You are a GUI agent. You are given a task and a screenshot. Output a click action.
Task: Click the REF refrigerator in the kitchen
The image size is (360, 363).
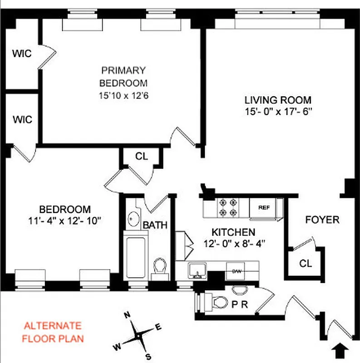coord(264,207)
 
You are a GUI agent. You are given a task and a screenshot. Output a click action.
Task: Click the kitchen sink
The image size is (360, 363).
coord(198,271)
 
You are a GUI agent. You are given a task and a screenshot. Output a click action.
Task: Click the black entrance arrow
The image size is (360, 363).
coord(341,349)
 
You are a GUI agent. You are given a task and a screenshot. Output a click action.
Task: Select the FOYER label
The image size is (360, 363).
coord(322,220)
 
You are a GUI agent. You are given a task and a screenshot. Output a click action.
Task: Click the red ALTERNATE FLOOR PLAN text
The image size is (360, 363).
coord(53,332)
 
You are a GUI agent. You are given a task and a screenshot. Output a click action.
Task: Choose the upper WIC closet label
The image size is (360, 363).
coord(22,54)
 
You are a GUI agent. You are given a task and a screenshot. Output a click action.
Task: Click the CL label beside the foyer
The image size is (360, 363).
coord(305,264)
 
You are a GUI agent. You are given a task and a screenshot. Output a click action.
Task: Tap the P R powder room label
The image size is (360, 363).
coord(241,304)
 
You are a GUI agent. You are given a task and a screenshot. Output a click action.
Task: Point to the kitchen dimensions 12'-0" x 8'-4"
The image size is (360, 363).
coord(234,243)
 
